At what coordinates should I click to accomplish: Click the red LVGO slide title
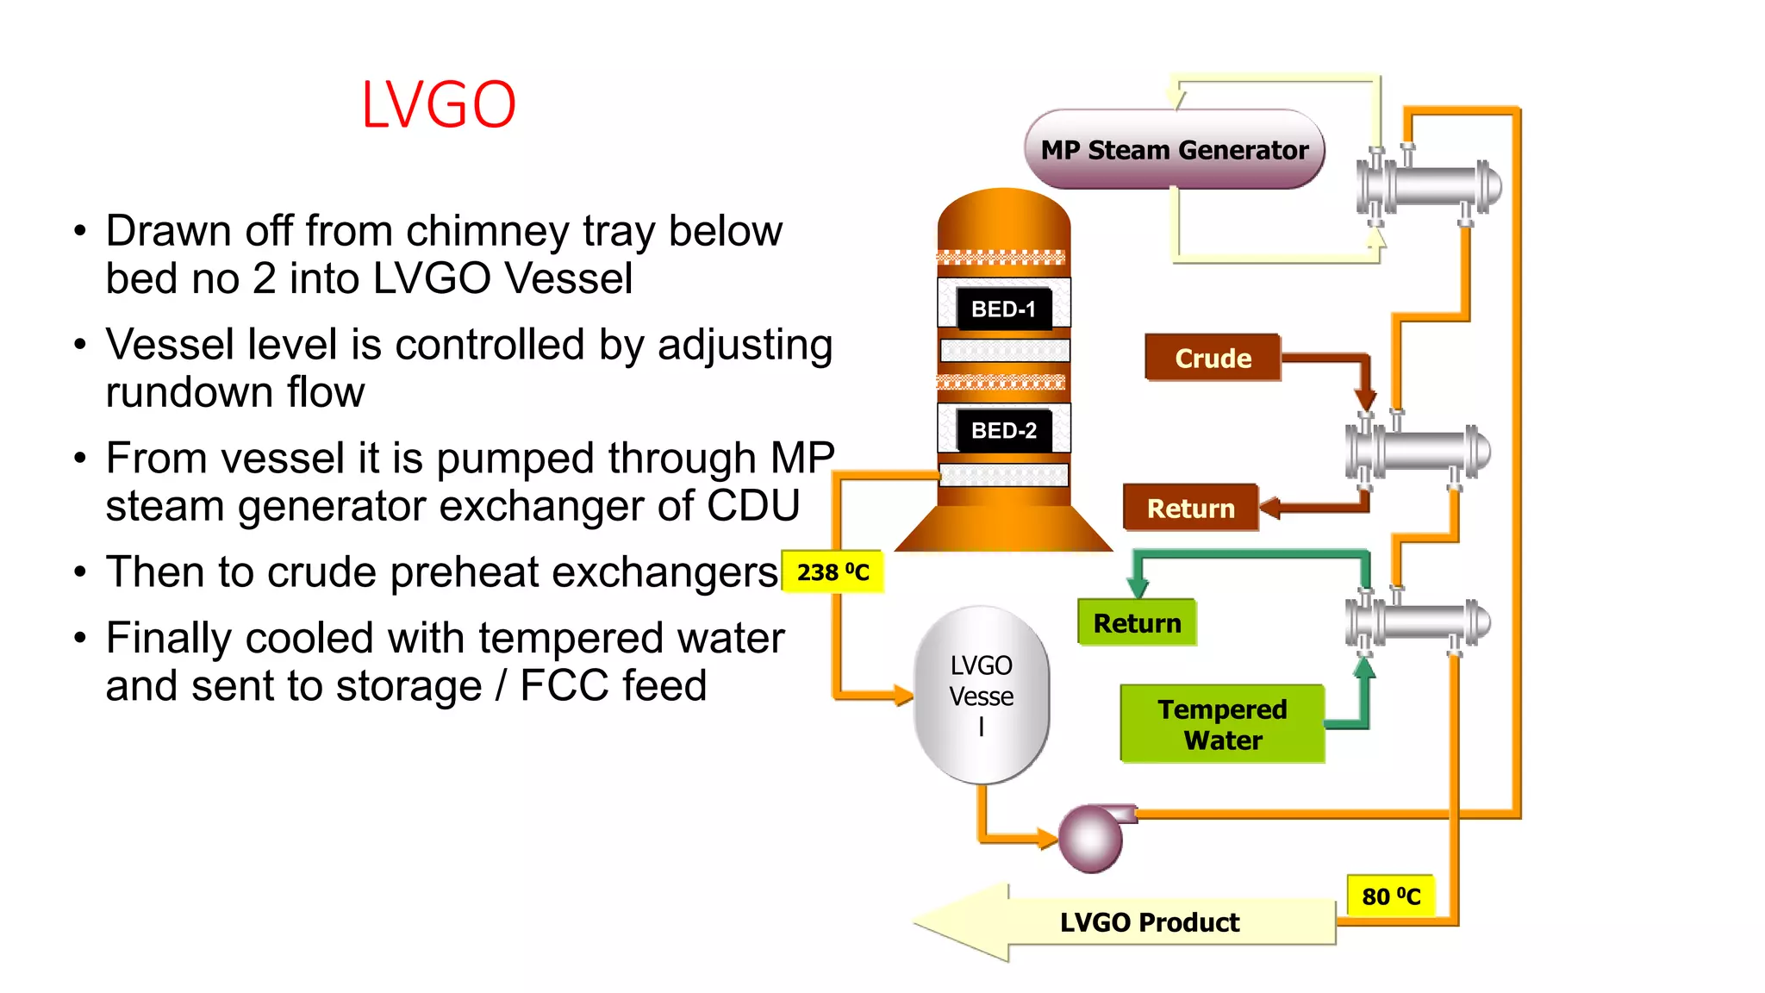(x=439, y=105)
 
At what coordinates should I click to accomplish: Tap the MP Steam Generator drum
(x=1174, y=150)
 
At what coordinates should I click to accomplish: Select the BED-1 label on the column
(x=1003, y=309)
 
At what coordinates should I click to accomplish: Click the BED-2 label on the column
(x=1003, y=430)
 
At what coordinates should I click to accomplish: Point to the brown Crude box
(x=1213, y=358)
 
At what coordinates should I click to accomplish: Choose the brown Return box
(x=1190, y=509)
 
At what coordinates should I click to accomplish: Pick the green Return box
(x=1137, y=623)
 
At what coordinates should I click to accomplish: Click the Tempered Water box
(x=1222, y=724)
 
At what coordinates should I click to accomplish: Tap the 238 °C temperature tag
(x=833, y=572)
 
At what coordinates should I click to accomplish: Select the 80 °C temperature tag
(x=1390, y=896)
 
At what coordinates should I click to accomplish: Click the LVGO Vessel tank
(x=982, y=695)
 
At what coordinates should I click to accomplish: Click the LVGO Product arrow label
(x=1149, y=922)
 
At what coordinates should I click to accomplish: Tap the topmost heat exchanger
(x=1429, y=185)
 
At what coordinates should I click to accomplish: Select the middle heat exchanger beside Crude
(x=1419, y=451)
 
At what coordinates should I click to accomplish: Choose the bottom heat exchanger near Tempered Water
(x=1419, y=621)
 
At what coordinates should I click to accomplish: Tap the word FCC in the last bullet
(x=564, y=686)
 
